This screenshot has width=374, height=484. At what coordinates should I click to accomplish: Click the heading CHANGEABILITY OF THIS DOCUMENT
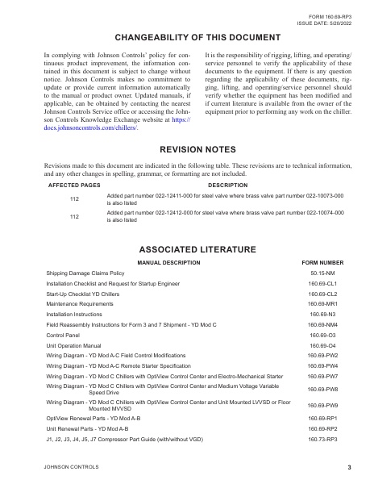[x=186, y=37]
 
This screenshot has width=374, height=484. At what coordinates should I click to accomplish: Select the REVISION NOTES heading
[x=186, y=149]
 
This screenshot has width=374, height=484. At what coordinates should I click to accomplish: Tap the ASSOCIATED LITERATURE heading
[x=186, y=247]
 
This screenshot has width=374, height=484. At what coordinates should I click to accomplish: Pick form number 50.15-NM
[x=322, y=273]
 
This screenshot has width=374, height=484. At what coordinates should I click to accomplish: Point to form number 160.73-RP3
[x=322, y=440]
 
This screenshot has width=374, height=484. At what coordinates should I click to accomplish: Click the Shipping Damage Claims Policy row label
[x=85, y=273]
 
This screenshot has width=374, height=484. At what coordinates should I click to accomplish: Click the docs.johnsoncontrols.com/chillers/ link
[x=90, y=127]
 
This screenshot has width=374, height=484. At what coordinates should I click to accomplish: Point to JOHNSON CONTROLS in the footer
[x=72, y=467]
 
